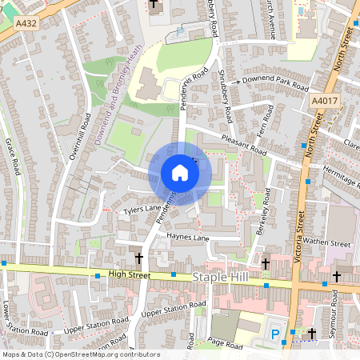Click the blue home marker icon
pos(180,173)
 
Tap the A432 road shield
pos(27,25)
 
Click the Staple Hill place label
pos(222,276)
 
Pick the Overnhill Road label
pos(79,136)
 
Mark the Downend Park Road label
pos(276,83)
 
